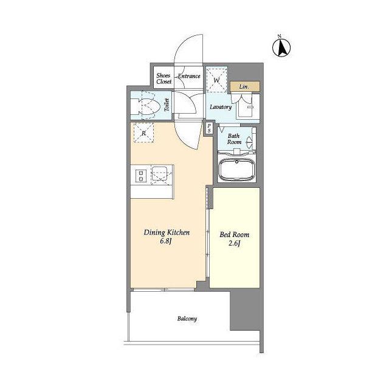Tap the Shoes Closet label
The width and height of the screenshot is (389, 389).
[164, 78]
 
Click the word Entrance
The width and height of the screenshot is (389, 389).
[189, 76]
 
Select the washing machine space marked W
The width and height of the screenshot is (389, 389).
[217, 79]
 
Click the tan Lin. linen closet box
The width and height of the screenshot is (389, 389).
[245, 86]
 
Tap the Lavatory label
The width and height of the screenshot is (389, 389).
[221, 107]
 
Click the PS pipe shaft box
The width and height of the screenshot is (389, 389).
[209, 128]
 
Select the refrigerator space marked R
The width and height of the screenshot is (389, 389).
[143, 133]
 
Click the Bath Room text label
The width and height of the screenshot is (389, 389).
[234, 139]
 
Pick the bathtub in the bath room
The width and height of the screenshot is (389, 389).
[236, 169]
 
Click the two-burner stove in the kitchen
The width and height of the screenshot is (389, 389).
[141, 176]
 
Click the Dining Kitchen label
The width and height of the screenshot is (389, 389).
[167, 232]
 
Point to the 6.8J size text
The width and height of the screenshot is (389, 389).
[166, 241]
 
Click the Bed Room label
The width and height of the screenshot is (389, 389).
[234, 235]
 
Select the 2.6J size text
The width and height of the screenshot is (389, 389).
[234, 244]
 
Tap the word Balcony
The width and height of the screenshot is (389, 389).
[187, 318]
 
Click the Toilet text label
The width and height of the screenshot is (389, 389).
[167, 105]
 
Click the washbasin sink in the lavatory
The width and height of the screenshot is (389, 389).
[246, 108]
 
